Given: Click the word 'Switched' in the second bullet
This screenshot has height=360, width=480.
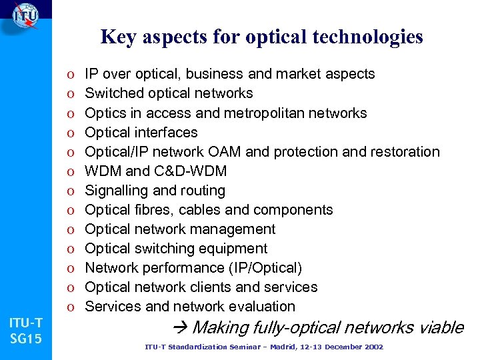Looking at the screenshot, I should (115, 93).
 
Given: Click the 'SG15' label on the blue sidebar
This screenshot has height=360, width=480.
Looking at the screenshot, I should (26, 339).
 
